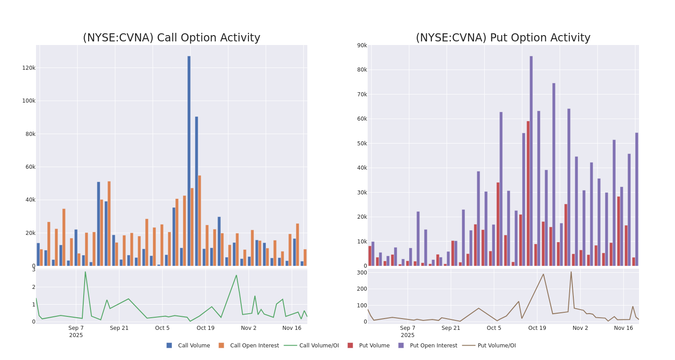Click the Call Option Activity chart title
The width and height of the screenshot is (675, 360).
[171, 38]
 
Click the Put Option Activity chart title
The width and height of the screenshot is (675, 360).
[503, 38]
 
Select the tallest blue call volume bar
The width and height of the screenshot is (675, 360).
[189, 161]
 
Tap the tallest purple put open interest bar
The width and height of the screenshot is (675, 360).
[531, 161]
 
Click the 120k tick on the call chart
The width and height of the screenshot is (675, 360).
[29, 68]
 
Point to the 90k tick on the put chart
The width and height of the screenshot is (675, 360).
[362, 45]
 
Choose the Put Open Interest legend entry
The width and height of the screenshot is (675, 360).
[433, 346]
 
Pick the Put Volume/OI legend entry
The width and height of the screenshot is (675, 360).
[496, 346]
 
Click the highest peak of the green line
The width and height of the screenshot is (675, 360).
[85, 272]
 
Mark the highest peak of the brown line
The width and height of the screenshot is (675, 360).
[571, 272]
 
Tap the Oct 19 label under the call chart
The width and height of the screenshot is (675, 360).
[206, 328]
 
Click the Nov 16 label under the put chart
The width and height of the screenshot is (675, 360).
[623, 328]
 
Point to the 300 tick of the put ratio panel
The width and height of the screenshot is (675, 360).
[362, 273]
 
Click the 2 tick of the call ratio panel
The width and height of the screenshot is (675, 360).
[33, 287]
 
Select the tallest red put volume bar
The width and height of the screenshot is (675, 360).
[528, 193]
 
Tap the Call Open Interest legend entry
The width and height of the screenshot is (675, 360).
[254, 346]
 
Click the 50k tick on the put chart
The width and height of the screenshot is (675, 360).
[362, 144]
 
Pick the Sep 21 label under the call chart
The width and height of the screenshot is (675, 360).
[119, 328]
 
